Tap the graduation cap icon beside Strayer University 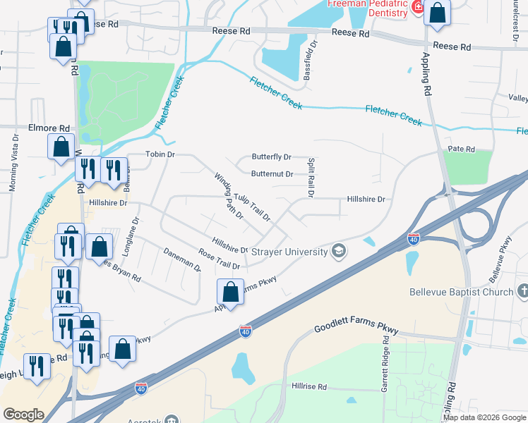pyautogui.click(x=340, y=252)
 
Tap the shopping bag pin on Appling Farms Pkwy pyautogui.click(x=231, y=290)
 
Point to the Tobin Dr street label pyautogui.click(x=160, y=154)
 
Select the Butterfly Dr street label pyautogui.click(x=272, y=157)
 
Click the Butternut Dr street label pyautogui.click(x=272, y=173)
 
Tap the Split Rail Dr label pyautogui.click(x=311, y=177)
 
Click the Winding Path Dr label pyautogui.click(x=229, y=196)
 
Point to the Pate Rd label pyautogui.click(x=461, y=149)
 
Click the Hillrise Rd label pyautogui.click(x=309, y=387)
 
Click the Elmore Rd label pyautogui.click(x=49, y=129)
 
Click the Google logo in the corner pyautogui.click(x=23, y=414)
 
